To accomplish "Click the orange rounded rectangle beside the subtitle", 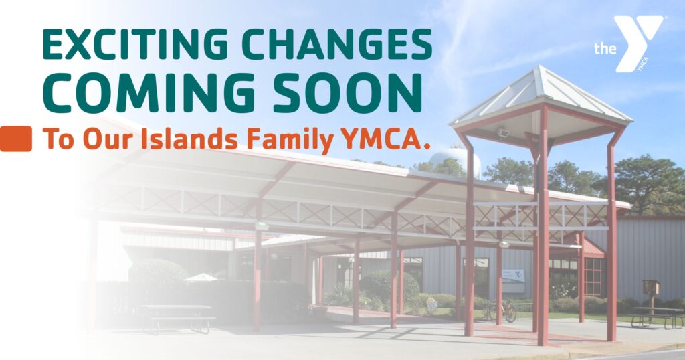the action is pyautogui.click(x=16, y=139).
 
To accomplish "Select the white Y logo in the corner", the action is pyautogui.click(x=638, y=43).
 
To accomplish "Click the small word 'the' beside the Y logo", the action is pyautogui.click(x=605, y=48).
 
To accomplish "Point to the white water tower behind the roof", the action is pyautogui.click(x=454, y=162).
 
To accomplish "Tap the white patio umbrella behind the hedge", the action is pyautogui.click(x=201, y=277).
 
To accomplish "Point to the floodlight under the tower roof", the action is pyautogui.click(x=503, y=132).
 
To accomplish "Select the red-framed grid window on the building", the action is pyautogui.click(x=593, y=276).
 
